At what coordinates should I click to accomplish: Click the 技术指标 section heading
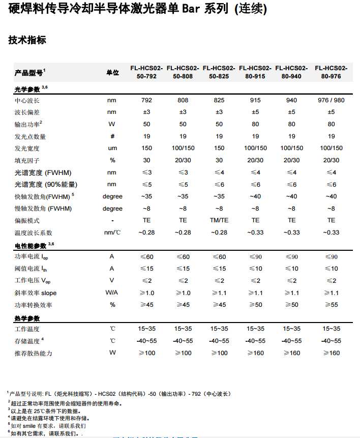click(x=27, y=40)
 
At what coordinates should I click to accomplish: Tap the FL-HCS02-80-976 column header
click(x=331, y=72)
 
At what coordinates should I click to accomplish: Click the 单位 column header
click(x=112, y=73)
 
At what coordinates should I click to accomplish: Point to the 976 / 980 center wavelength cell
click(x=331, y=100)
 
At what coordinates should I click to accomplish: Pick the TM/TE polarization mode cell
click(x=219, y=220)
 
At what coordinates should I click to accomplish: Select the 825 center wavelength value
click(x=219, y=100)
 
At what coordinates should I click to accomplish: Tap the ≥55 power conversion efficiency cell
click(x=331, y=305)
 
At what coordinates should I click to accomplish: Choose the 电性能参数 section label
click(x=31, y=245)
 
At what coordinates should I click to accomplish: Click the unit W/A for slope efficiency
click(x=112, y=293)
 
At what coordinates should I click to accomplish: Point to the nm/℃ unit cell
click(x=112, y=232)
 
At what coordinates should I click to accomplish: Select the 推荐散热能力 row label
click(x=34, y=353)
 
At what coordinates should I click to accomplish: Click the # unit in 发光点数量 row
click(x=112, y=136)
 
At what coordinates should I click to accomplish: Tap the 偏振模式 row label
click(x=27, y=221)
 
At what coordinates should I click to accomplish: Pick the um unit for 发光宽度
click(x=112, y=149)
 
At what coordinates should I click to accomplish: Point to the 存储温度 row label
click(x=27, y=341)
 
